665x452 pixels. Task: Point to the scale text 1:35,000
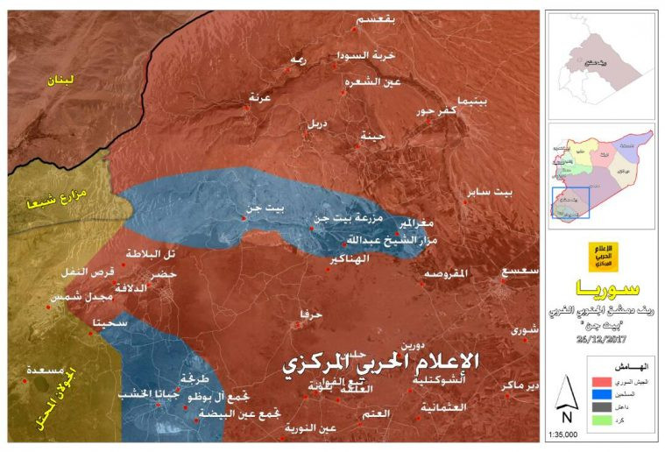point(569,434)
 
